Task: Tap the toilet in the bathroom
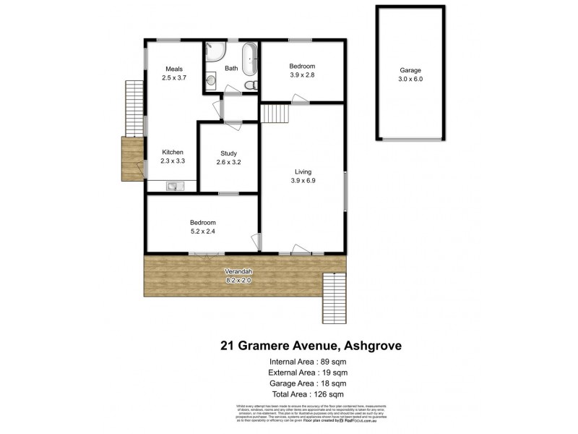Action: click(x=250, y=85)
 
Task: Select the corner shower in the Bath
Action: click(x=214, y=51)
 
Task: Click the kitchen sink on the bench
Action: click(x=173, y=187)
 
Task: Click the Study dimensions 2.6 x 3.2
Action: click(x=228, y=162)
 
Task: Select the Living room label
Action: click(x=303, y=171)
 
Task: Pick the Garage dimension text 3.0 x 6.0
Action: click(x=410, y=80)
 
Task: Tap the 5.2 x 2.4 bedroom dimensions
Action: click(x=202, y=231)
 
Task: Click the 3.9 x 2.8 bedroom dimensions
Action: click(x=302, y=75)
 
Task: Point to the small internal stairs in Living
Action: click(x=275, y=114)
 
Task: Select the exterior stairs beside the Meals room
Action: click(x=134, y=109)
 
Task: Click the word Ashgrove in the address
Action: click(x=368, y=346)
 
